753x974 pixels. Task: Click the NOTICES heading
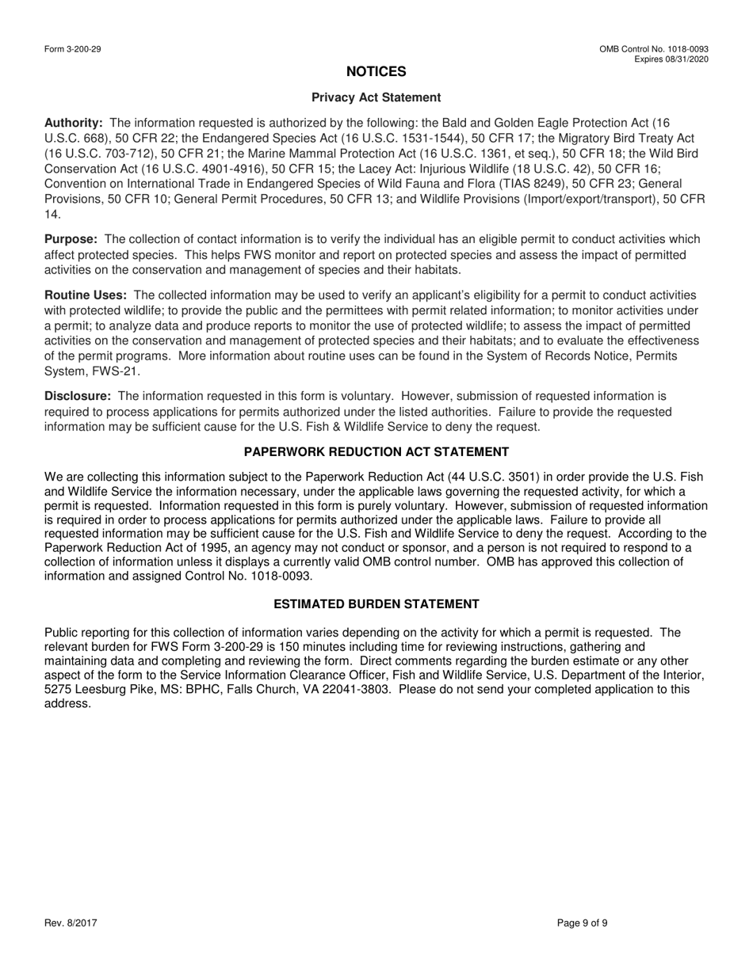tap(376, 72)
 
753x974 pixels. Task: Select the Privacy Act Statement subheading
tap(376, 97)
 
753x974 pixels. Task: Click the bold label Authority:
tap(74, 123)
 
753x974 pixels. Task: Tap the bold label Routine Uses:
tap(86, 295)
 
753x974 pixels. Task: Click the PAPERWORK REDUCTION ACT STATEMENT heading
tap(376, 452)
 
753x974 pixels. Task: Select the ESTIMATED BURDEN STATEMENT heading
tap(376, 604)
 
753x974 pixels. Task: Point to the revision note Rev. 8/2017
tap(71, 923)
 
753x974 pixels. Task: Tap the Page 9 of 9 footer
tap(583, 923)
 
